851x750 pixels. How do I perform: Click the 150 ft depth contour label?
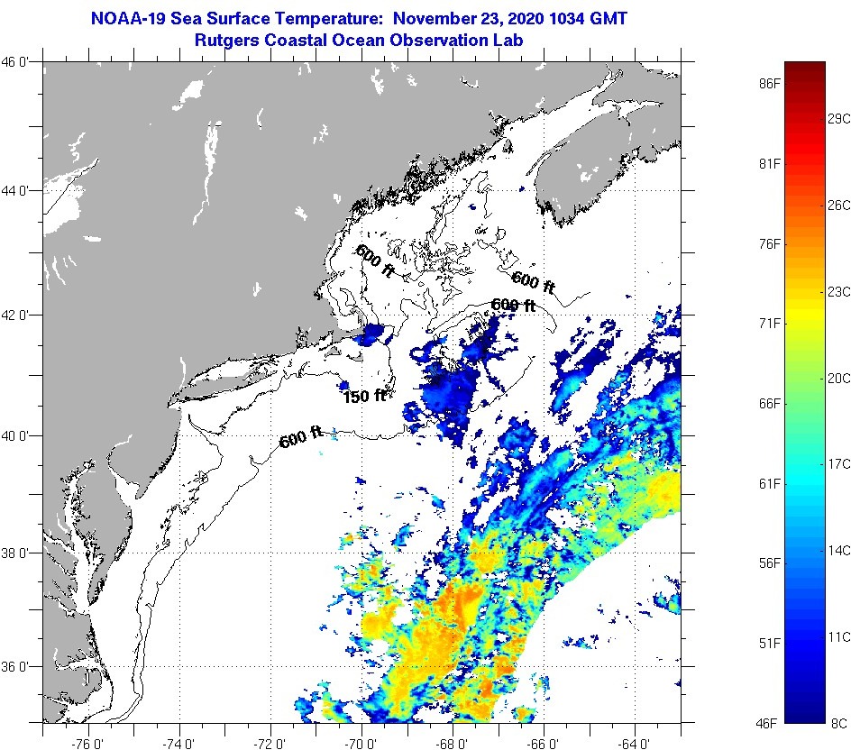click(363, 395)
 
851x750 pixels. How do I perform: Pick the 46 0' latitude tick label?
click(21, 62)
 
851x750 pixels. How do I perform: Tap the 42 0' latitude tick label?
click(21, 316)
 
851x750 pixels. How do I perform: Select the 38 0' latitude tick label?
click(21, 553)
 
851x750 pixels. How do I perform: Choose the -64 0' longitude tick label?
click(635, 743)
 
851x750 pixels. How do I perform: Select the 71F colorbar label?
click(769, 323)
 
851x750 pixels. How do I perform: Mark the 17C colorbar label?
click(839, 463)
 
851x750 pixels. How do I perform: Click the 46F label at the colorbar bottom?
click(769, 722)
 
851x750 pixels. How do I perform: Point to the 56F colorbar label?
click(769, 563)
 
